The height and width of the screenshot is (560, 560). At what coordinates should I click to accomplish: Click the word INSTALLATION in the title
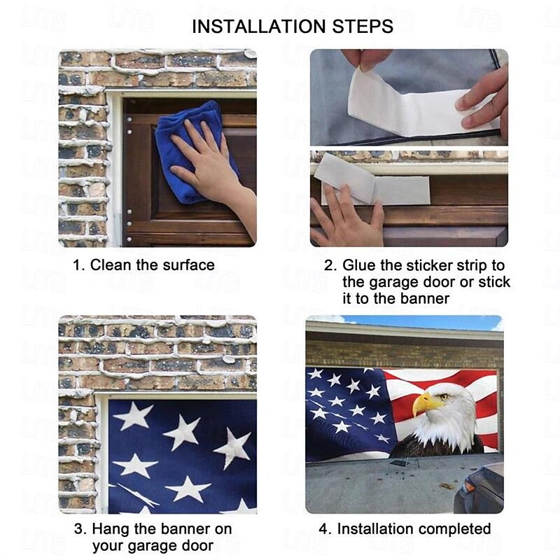[x=258, y=27]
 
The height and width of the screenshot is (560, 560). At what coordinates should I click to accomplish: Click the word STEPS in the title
[x=363, y=27]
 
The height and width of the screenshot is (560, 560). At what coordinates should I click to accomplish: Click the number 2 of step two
[x=330, y=266]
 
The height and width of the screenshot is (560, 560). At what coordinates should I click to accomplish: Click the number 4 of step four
[x=323, y=529]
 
